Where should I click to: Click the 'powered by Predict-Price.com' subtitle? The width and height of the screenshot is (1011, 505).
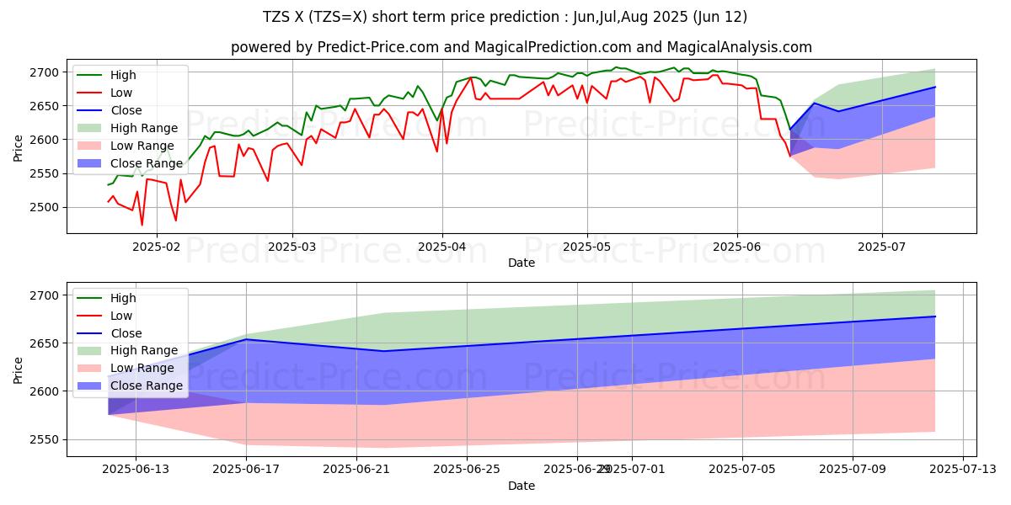(522, 47)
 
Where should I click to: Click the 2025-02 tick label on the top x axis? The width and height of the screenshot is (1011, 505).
(157, 246)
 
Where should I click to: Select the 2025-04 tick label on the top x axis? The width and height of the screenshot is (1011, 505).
(442, 246)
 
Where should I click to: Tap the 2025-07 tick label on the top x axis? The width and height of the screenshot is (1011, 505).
(882, 246)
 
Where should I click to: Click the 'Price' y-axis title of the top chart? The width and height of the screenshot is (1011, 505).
(19, 146)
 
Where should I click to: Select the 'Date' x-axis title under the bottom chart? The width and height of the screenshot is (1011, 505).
(522, 486)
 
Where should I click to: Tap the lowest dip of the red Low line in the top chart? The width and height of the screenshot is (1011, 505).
(142, 225)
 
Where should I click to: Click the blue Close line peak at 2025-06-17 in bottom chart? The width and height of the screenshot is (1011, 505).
(246, 339)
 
